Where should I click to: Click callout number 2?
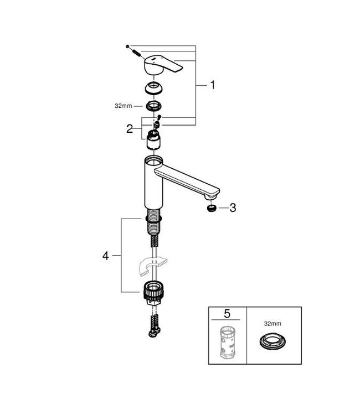click(130, 129)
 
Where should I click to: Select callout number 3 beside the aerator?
click(233, 208)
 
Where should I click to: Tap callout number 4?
click(105, 256)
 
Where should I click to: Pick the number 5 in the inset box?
click(227, 315)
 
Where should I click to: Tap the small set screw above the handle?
click(132, 49)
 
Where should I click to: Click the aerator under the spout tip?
click(210, 209)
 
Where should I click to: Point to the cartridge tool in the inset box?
click(227, 343)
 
